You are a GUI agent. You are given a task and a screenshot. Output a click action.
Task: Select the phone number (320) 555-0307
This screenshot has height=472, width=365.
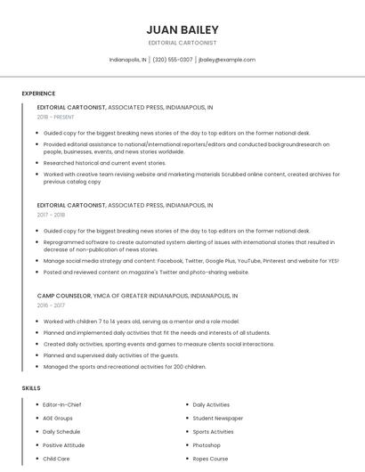pos(173,60)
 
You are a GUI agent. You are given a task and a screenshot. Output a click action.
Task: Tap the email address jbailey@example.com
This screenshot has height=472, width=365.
pos(227,60)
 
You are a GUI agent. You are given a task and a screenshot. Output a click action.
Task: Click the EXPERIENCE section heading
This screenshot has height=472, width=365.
pos(38,94)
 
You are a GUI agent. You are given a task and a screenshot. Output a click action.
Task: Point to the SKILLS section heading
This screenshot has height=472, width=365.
pos(31,388)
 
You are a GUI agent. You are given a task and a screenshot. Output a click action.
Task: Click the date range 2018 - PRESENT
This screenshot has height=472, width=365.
pos(55,117)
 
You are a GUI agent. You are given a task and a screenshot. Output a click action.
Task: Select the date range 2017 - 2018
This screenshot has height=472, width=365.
pos(51,215)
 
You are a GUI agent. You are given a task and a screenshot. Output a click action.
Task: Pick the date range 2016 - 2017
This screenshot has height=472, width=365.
pos(51,305)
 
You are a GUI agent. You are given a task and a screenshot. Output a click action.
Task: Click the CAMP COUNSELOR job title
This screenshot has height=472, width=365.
pos(63,295)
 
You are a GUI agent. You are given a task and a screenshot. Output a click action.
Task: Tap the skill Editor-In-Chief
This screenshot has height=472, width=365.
pos(62,404)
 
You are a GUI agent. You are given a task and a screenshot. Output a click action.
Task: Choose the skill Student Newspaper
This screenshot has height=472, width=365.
pos(217,418)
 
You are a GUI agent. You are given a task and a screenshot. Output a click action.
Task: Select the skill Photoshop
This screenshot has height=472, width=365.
pos(207,444)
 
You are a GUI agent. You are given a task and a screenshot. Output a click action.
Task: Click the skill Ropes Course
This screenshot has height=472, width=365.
pos(210,459)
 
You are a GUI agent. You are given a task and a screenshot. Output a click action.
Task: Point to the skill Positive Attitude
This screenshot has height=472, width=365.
pos(63,444)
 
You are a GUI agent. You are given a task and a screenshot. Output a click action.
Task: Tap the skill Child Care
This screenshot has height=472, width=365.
pos(56,459)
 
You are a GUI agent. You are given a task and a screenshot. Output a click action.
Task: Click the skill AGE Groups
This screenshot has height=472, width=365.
pos(58,418)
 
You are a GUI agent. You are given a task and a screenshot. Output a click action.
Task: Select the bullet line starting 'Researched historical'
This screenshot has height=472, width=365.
pos(104,163)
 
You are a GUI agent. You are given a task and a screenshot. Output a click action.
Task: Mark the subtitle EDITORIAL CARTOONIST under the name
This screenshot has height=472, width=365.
pos(182,43)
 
